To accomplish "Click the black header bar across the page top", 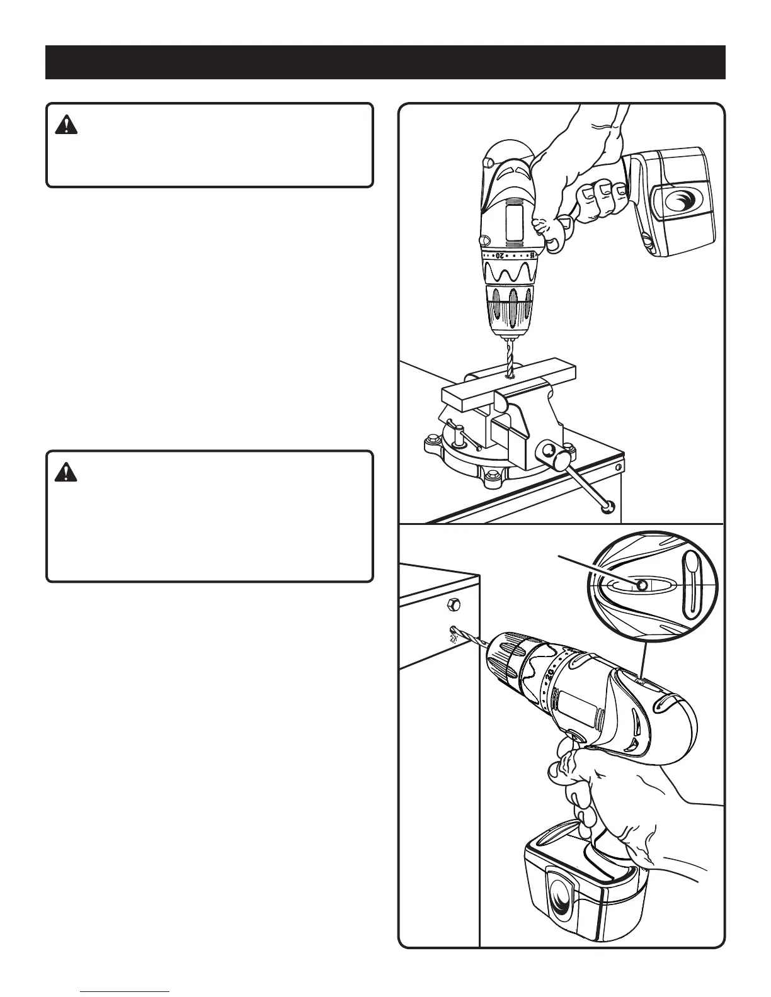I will tap(385, 62).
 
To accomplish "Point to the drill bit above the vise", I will tap(508, 357).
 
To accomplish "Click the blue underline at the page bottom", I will tap(125, 993).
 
